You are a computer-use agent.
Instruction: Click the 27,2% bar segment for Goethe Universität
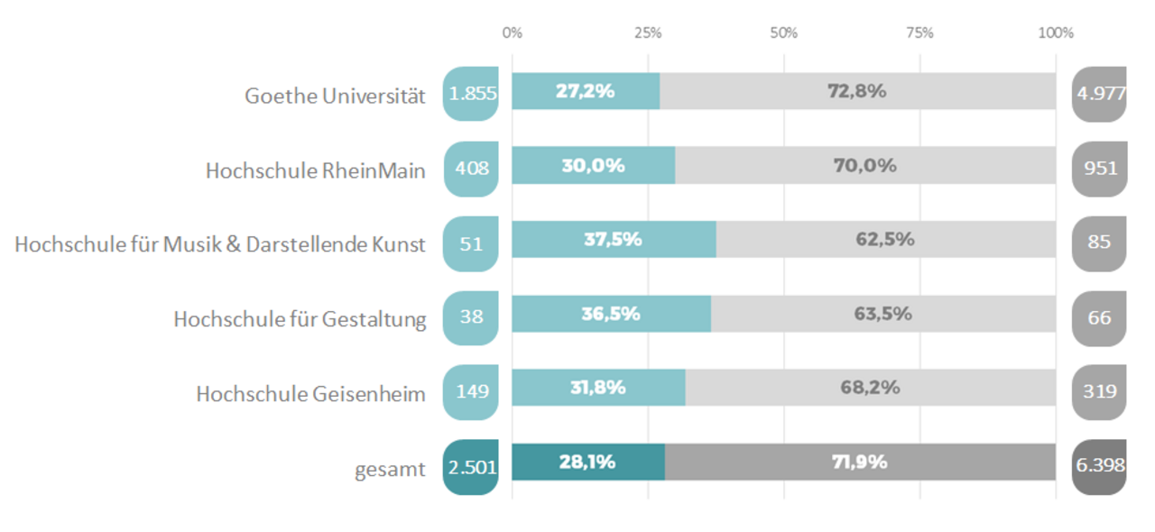coord(586,91)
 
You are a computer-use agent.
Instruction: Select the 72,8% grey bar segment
coord(857,91)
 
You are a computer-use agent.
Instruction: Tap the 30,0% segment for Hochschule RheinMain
coord(593,166)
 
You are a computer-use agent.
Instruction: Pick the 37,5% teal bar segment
coord(614,240)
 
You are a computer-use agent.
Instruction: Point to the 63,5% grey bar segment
coord(882,314)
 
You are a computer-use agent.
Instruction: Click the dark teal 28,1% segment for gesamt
coord(587,462)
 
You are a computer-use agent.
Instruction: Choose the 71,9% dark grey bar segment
coord(860,462)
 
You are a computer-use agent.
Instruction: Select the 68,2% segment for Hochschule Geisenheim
coord(871,388)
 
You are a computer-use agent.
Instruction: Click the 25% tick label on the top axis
coord(648,33)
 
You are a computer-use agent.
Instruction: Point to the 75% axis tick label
coord(919,33)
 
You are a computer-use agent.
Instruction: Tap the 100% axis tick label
coord(1056,33)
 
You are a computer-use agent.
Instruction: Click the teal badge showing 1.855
coord(471,94)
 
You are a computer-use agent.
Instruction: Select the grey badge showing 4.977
coord(1099,94)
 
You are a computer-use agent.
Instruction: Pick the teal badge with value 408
coord(471,169)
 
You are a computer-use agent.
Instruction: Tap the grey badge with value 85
coord(1099,243)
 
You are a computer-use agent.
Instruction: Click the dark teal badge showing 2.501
coord(471,466)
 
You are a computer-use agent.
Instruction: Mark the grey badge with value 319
coord(1099,391)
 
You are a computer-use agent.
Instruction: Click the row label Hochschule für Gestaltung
coord(300,318)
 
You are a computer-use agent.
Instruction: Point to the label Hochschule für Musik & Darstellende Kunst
coord(220,243)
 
